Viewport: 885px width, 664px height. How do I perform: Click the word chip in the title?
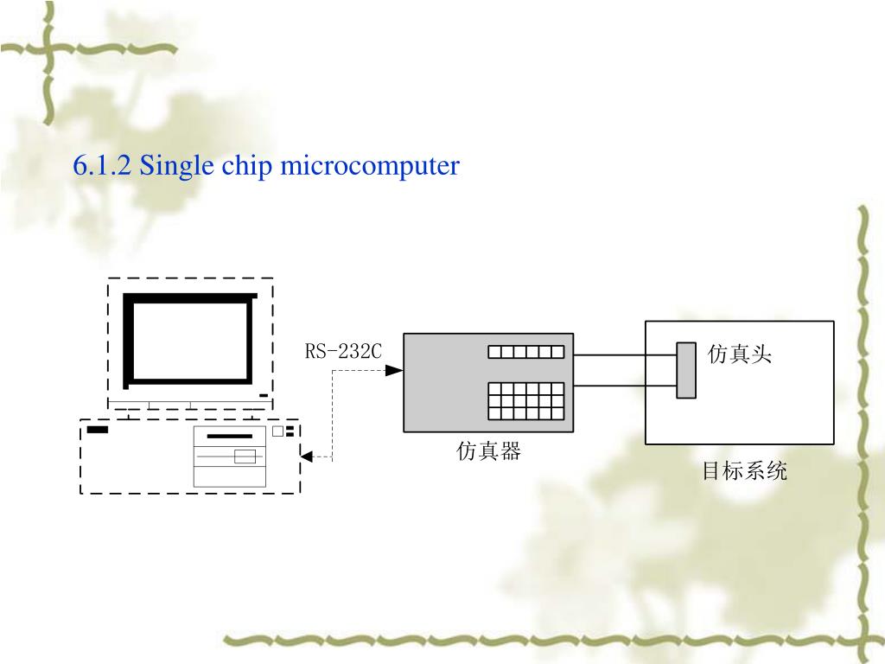245,165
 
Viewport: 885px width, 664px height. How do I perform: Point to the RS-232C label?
342,352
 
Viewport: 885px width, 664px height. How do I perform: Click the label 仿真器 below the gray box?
489,451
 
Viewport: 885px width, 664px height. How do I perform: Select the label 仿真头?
740,354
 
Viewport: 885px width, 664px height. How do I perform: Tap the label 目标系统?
744,471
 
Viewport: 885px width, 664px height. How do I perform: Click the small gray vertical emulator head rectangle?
686,370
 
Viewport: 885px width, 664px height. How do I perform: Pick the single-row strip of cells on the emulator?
525,352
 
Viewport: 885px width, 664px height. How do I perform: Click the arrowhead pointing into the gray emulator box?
394,370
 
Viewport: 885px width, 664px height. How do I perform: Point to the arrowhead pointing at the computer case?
306,456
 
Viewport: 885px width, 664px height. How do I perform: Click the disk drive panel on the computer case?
230,456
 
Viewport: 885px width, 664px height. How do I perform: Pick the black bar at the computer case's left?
98,430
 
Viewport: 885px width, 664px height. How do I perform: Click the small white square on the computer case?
277,431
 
